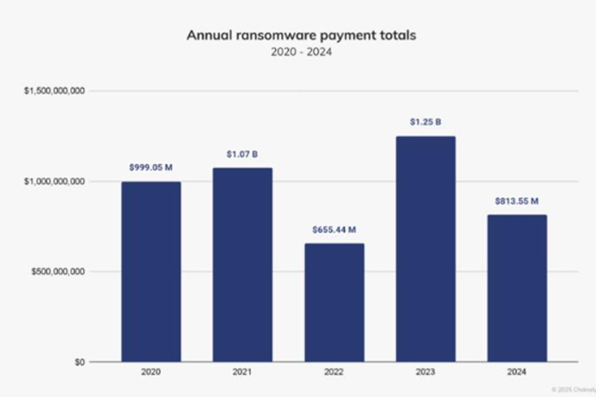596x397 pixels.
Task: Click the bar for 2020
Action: (151, 272)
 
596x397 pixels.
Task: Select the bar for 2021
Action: (242, 265)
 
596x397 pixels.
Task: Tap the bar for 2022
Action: (334, 302)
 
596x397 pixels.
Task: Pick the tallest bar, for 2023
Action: (426, 249)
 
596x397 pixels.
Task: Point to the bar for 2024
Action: (517, 288)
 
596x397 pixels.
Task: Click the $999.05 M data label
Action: (151, 168)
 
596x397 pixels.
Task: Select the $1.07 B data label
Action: (242, 154)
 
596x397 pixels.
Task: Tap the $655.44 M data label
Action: (334, 230)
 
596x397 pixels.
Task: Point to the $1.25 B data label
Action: (426, 122)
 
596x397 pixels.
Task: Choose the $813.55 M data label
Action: (517, 201)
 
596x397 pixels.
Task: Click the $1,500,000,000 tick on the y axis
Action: (54, 91)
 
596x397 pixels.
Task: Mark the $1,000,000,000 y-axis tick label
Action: (54, 181)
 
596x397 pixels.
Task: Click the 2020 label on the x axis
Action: (151, 372)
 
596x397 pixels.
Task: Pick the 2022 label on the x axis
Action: (334, 372)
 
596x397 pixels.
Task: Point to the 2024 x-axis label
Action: (517, 372)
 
